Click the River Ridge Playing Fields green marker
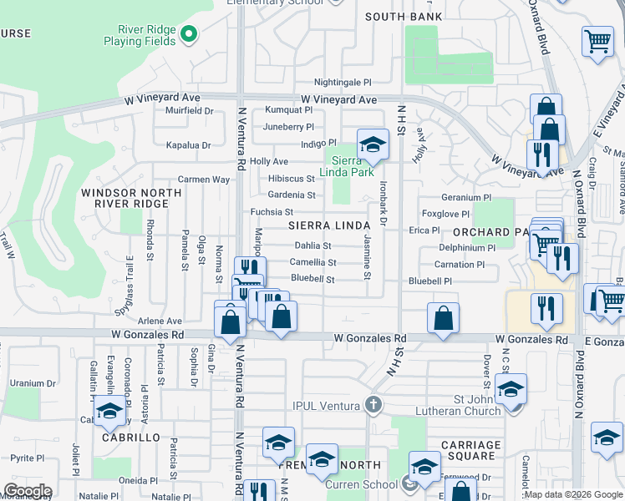point(189,34)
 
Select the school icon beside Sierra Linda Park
point(373,143)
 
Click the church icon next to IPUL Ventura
point(373,406)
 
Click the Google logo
point(27,491)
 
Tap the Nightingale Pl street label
point(343,83)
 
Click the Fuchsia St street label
point(272,212)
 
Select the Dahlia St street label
point(313,246)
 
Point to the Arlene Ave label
point(160,321)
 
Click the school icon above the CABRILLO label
point(109,410)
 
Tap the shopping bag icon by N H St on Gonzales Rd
point(443,316)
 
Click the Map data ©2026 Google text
point(573,494)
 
